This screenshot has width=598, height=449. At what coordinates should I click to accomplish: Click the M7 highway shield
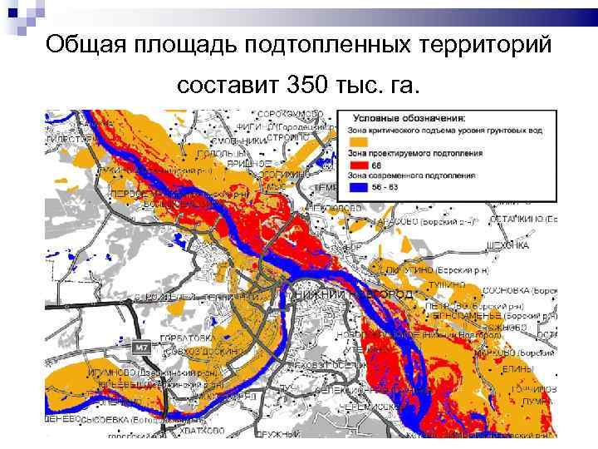point(141,345)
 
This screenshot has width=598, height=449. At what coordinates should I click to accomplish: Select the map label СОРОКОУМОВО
point(290,115)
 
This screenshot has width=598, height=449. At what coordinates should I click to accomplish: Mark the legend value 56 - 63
point(375,187)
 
